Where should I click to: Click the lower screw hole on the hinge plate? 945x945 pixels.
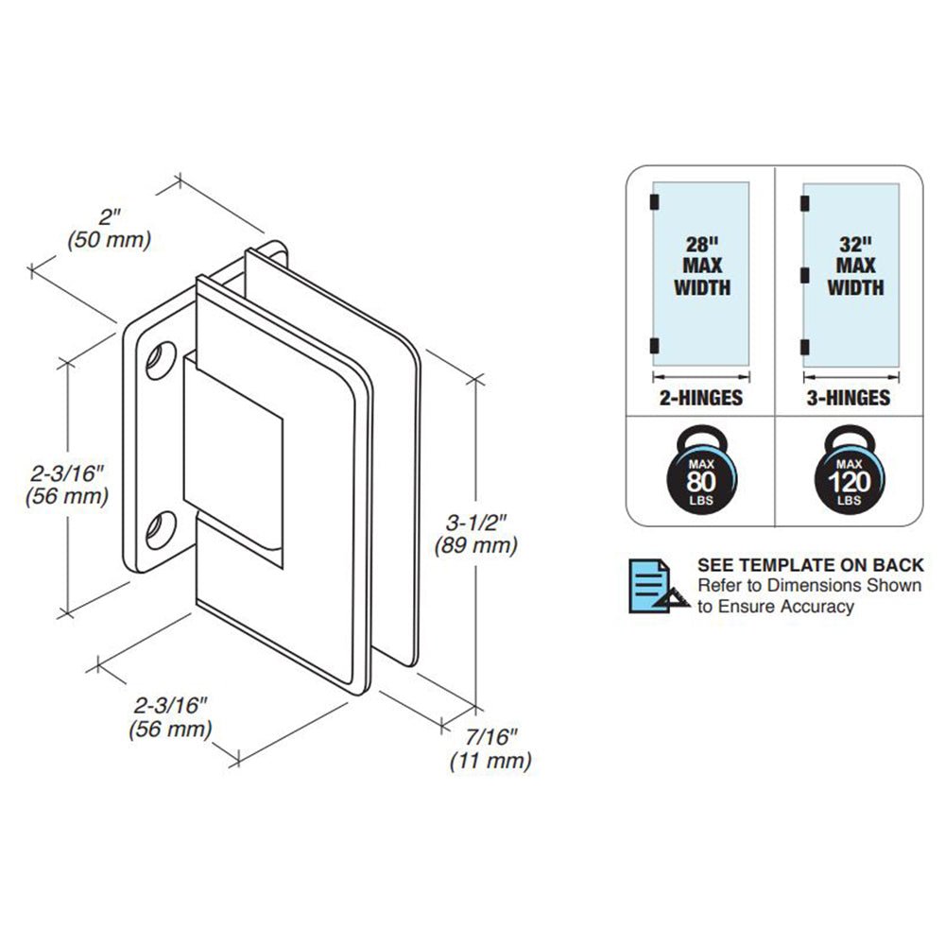[159, 529]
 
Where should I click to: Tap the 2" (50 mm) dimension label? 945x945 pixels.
[110, 228]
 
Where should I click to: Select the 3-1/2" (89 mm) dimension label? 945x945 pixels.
[475, 533]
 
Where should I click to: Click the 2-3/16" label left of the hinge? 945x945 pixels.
[67, 483]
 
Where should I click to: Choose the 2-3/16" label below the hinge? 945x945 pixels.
[170, 716]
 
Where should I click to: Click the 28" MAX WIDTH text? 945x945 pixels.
[701, 266]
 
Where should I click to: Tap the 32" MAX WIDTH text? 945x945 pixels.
[855, 266]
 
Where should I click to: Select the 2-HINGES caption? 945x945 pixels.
[700, 398]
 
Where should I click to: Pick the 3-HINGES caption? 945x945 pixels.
[849, 398]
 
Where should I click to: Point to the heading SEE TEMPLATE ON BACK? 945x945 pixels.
[810, 565]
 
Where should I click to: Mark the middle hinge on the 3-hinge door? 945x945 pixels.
[805, 274]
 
